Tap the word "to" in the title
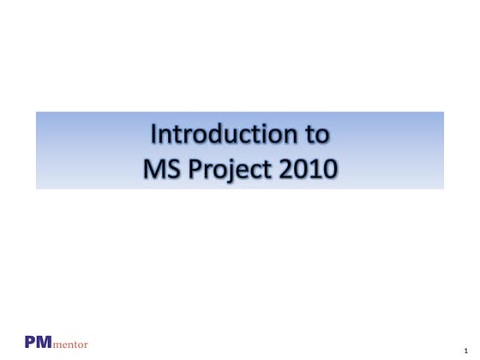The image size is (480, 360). (318, 135)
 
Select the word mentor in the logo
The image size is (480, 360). (69, 344)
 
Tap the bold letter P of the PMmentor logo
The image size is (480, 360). (31, 341)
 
